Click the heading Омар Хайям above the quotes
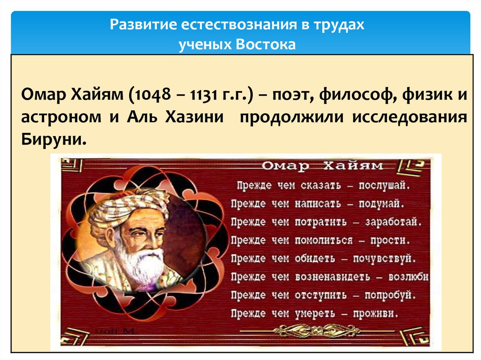tap(322, 166)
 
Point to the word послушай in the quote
tap(385, 185)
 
